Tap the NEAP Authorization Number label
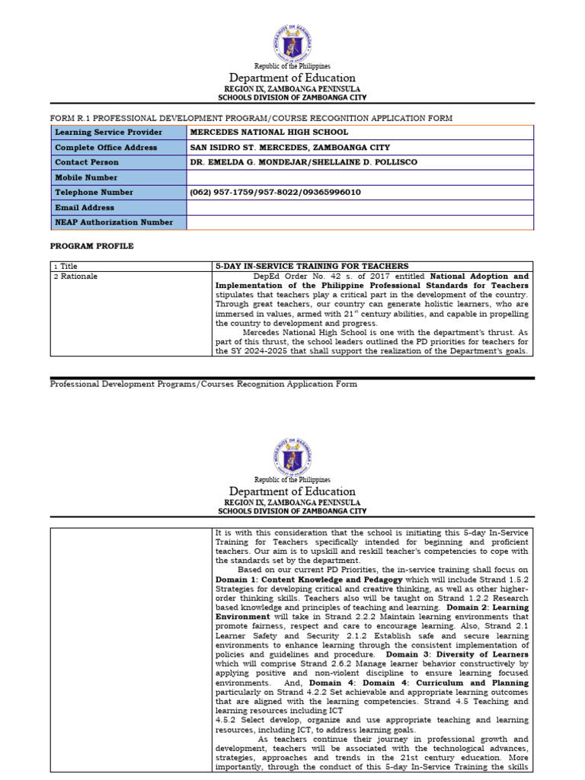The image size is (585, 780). (113, 222)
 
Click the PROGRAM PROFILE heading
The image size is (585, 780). (91, 247)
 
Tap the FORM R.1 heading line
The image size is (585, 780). (251, 118)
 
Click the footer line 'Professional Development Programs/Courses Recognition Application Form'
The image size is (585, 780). (203, 384)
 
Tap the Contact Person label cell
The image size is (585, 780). (87, 162)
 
